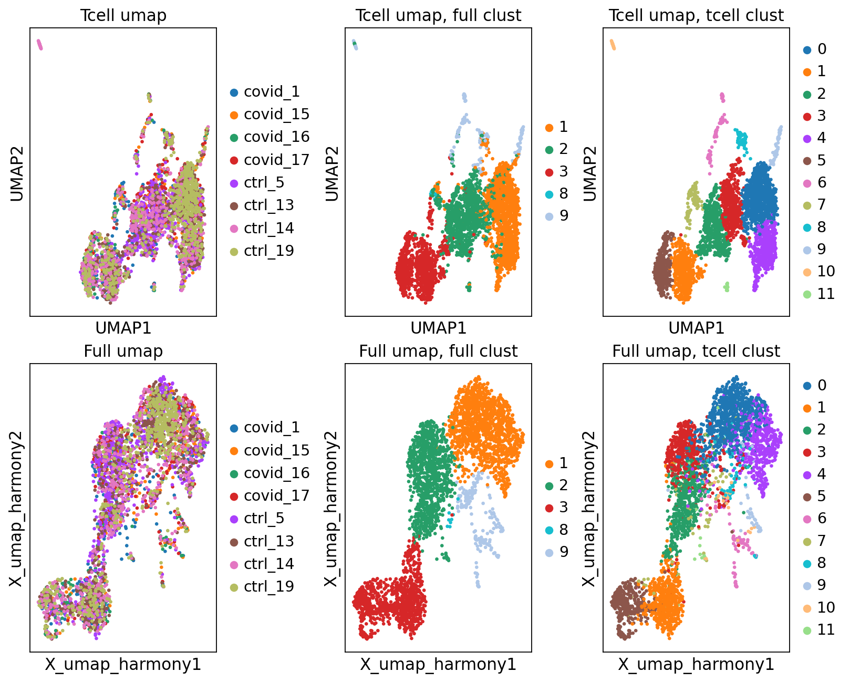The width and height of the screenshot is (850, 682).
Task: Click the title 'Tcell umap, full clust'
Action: (x=438, y=16)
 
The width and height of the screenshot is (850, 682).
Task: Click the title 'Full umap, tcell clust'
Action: (x=696, y=351)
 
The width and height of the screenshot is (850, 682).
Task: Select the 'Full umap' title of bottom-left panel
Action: (x=123, y=351)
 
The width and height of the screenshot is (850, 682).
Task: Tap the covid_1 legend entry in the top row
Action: (x=265, y=92)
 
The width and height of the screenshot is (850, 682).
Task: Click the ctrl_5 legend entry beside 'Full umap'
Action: (x=257, y=518)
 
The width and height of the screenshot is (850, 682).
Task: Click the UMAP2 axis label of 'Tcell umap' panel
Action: (x=16, y=173)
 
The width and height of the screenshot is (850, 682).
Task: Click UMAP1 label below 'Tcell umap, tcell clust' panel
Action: (x=696, y=328)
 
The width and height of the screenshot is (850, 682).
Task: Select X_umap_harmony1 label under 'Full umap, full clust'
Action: (x=438, y=665)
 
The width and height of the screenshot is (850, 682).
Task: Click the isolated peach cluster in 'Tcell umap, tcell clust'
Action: (x=613, y=45)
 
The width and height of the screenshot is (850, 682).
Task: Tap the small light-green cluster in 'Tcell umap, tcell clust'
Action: (x=727, y=286)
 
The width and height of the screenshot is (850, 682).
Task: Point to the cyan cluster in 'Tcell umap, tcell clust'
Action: (x=742, y=140)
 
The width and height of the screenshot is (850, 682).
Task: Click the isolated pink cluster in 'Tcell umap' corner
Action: (x=39, y=45)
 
